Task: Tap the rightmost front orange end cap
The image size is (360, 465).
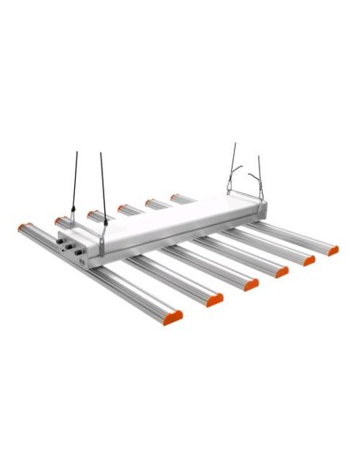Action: point(332,250)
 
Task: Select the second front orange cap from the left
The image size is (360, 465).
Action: point(213,300)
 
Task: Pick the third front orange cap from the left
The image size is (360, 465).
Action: point(252,284)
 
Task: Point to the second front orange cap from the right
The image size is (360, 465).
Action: point(308,260)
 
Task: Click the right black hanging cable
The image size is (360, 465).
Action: point(103,187)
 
